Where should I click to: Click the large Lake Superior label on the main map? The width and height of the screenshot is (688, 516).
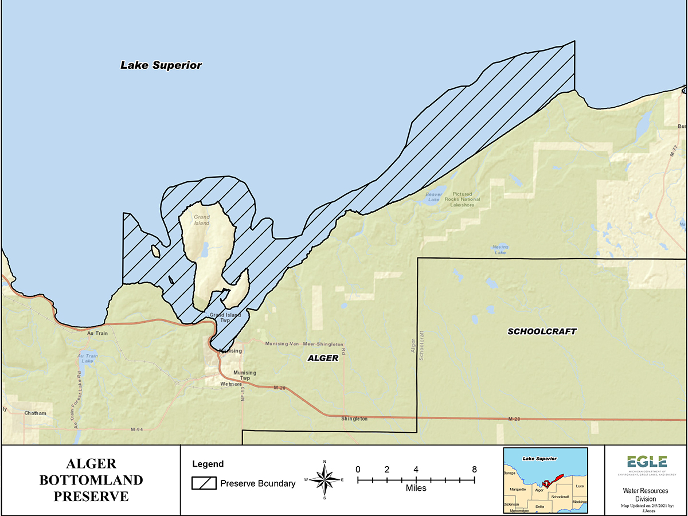161,65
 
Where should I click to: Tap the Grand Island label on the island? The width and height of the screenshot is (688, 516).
201,220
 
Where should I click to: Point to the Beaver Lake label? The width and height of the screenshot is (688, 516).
433,197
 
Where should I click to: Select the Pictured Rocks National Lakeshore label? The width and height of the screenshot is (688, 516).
465,200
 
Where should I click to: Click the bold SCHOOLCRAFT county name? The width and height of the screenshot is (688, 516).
542,331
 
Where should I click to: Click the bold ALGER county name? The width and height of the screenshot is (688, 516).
323,359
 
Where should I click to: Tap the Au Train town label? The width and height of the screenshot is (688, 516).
97,333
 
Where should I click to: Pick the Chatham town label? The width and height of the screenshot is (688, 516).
35,413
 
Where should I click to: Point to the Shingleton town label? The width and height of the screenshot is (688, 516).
354,419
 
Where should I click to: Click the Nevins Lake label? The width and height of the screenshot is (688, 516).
500,249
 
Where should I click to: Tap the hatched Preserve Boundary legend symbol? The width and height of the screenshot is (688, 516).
203,483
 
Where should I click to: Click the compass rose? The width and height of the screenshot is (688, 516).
325,480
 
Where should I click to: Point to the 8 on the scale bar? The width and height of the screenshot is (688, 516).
474,469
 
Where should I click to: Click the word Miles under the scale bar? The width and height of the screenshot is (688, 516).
416,488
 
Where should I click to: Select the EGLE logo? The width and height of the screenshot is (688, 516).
647,463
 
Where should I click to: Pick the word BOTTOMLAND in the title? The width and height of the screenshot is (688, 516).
91,480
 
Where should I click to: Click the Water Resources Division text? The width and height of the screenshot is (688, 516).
647,495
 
